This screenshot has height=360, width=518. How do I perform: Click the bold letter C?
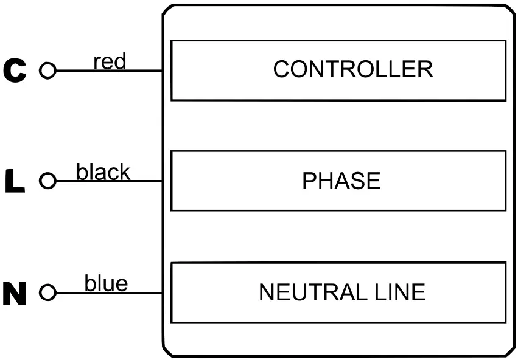15,71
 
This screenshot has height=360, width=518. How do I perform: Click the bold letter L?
15,182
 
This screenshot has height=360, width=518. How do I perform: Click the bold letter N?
15,294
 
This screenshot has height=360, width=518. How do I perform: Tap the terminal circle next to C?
47,71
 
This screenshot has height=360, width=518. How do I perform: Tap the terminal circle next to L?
47,181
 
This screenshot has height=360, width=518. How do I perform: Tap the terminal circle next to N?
47,293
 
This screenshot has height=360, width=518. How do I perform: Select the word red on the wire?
110,61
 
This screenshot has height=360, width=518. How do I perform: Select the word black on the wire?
103,172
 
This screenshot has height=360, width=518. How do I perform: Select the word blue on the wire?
106,283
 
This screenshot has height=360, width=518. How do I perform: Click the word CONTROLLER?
352,69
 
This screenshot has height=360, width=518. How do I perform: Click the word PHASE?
341,181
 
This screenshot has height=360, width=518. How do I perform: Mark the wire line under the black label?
122,181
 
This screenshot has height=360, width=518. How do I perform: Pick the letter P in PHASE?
309,181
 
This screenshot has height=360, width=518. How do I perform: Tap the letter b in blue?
89,283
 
